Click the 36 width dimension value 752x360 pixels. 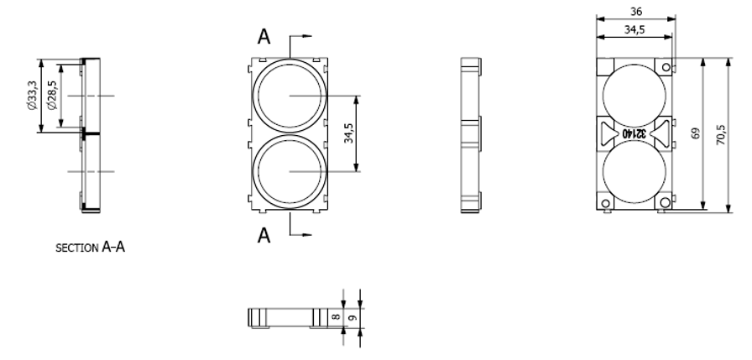coord(636,12)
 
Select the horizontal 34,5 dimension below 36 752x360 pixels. coord(634,30)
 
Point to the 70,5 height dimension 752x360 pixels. coord(719,134)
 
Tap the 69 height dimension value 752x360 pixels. coord(697,134)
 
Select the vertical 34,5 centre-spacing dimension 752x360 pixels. coord(348,133)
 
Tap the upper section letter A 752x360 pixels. coord(264,36)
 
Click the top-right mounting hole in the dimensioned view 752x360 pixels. coord(666,66)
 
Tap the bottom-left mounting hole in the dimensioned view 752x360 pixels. coord(604,203)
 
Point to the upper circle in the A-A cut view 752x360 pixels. coord(289,96)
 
